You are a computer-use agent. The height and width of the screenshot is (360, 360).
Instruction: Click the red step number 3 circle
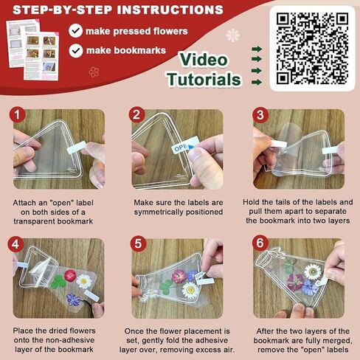(258, 115)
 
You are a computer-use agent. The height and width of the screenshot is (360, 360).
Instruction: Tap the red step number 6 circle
(258, 243)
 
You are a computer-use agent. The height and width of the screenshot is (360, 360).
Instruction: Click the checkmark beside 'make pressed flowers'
(75, 31)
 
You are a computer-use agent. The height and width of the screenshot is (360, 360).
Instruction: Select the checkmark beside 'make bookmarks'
(75, 50)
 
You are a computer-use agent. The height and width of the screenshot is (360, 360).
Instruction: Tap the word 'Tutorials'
(203, 79)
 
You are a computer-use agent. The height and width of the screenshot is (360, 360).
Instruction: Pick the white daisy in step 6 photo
(313, 271)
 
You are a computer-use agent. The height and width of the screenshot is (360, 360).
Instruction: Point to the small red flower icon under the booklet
(94, 72)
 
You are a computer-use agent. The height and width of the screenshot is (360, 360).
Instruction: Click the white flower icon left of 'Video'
(233, 35)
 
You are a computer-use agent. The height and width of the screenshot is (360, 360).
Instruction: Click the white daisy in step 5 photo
(191, 290)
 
